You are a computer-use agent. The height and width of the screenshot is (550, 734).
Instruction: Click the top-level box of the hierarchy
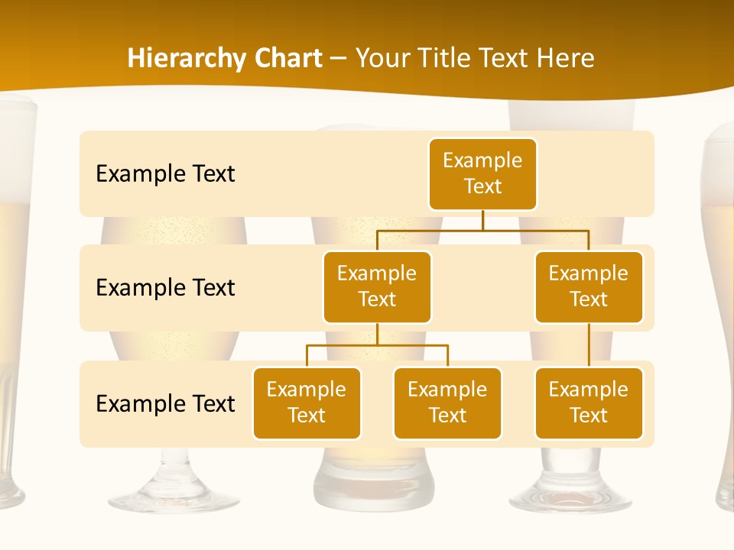[x=482, y=173]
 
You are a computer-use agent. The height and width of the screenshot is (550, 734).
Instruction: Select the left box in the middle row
[x=377, y=286]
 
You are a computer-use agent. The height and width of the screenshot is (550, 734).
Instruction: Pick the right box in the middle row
[x=589, y=286]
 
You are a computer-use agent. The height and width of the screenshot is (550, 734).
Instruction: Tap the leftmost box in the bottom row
[x=307, y=403]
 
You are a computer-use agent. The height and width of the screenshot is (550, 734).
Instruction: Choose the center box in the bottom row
[x=447, y=403]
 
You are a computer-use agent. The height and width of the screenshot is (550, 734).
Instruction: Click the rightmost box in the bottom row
[x=589, y=403]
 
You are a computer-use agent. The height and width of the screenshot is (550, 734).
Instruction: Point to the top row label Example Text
[x=165, y=174]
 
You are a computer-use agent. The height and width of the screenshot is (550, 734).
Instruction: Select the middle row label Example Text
[x=165, y=288]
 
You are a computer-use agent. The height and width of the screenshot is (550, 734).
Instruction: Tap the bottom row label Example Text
[x=165, y=403]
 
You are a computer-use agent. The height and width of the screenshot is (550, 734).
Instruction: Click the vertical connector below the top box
[x=482, y=220]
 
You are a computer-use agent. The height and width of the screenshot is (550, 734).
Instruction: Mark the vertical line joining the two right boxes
[x=589, y=345]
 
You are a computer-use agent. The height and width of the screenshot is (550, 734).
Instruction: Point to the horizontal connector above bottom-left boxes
[x=377, y=345]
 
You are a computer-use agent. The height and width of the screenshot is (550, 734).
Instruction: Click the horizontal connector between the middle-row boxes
[x=482, y=229]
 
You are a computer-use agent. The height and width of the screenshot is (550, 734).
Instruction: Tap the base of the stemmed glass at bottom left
[x=176, y=497]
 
